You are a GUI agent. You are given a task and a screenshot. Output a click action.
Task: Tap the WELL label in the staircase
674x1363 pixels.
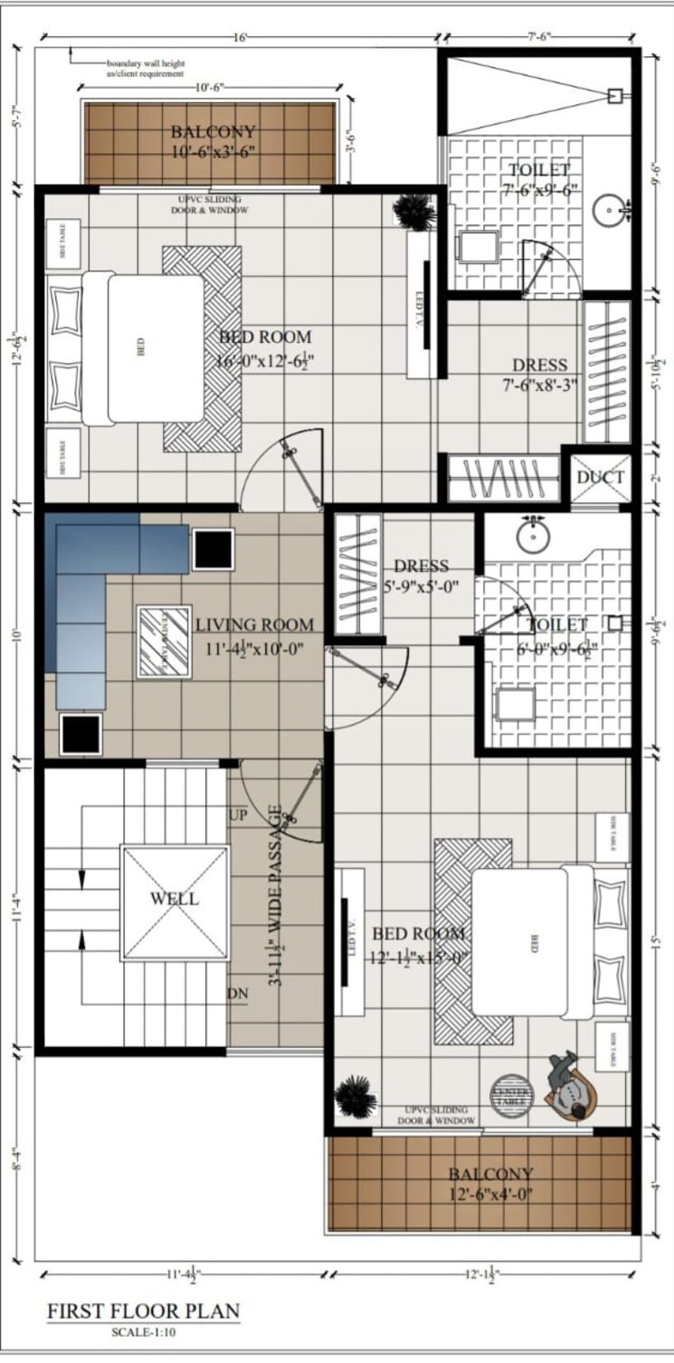tap(175, 899)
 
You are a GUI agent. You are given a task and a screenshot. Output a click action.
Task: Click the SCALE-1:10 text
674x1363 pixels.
tap(144, 1331)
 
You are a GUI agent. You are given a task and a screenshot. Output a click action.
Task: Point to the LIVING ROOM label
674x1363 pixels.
tap(254, 624)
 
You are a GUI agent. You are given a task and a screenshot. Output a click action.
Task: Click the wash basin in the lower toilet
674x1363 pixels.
tap(535, 536)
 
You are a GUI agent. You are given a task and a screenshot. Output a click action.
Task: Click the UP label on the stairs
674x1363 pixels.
tap(238, 815)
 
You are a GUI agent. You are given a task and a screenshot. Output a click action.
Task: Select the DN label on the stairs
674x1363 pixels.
tap(238, 995)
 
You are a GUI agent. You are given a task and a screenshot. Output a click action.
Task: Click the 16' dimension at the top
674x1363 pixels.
tap(240, 38)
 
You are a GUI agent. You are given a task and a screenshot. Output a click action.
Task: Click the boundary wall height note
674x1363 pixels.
tap(145, 68)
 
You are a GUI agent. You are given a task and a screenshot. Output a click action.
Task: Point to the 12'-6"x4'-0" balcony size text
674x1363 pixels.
tap(491, 1194)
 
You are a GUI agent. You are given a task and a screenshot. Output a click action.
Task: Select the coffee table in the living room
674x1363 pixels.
tap(164, 641)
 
